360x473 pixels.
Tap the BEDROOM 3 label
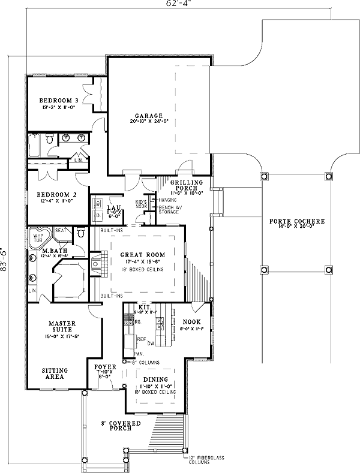point(59,100)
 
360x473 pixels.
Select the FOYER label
point(106,365)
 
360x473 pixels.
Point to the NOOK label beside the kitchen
point(191,321)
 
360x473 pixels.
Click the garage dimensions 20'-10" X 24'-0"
point(149,120)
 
